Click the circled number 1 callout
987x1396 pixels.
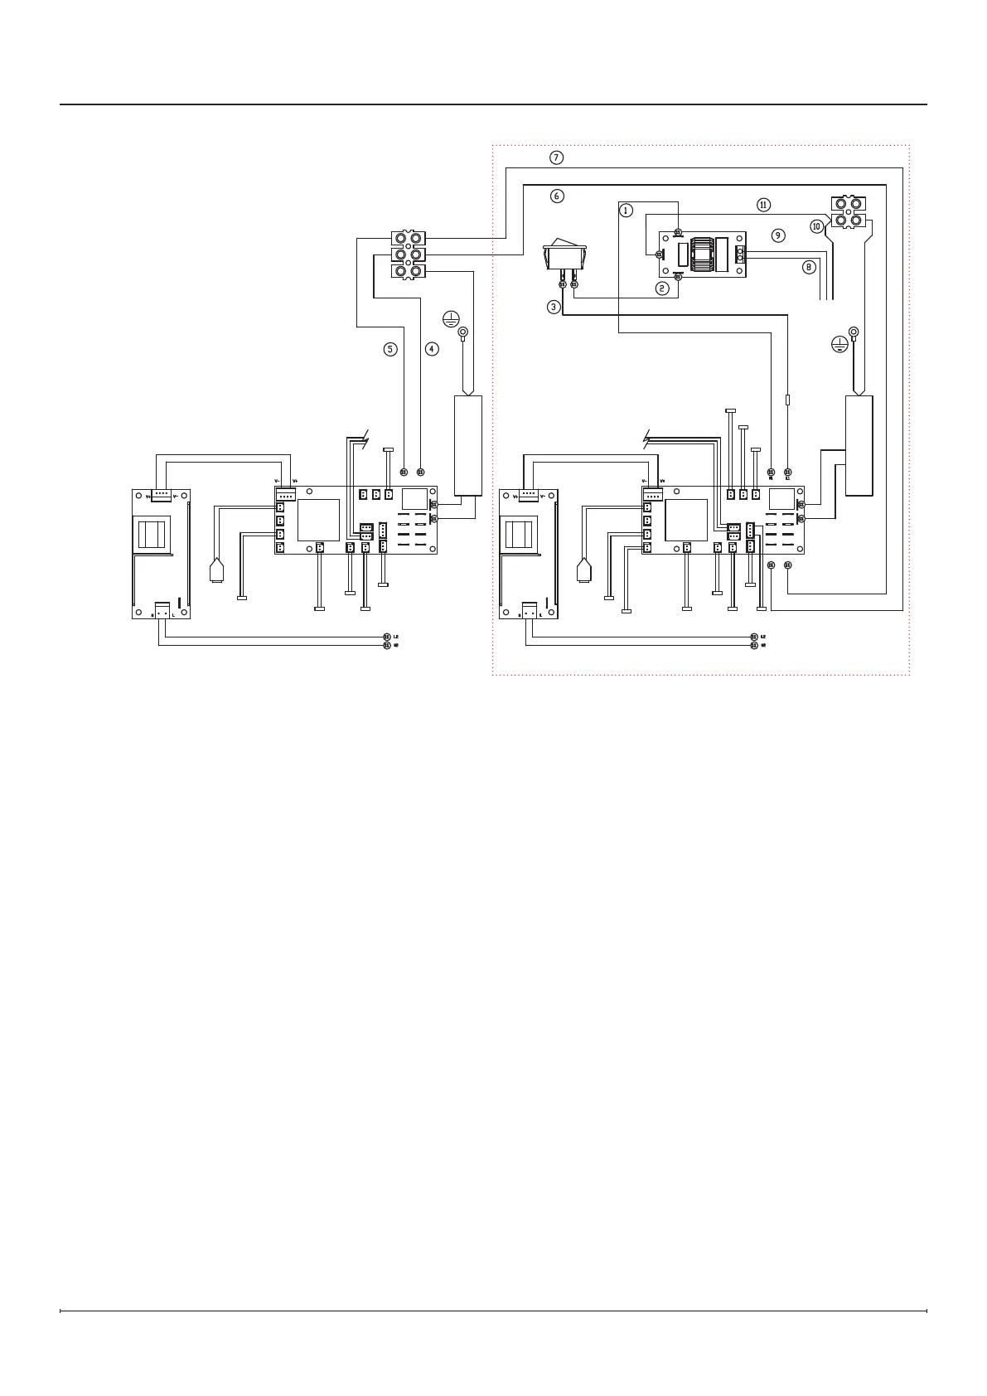[627, 211]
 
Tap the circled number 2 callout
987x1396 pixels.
[661, 288]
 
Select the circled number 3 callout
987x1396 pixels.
[554, 307]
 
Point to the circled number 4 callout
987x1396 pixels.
[432, 349]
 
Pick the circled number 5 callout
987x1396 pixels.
[389, 349]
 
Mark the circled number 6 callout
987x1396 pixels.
[557, 196]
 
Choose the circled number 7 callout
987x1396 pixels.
[557, 158]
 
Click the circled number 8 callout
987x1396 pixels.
[808, 267]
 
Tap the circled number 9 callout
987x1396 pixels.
[777, 235]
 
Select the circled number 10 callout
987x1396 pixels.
[816, 225]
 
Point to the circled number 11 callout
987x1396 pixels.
[763, 204]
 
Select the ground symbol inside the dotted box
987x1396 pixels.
[839, 344]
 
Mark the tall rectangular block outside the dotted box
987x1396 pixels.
[467, 445]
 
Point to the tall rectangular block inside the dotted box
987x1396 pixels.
[859, 445]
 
